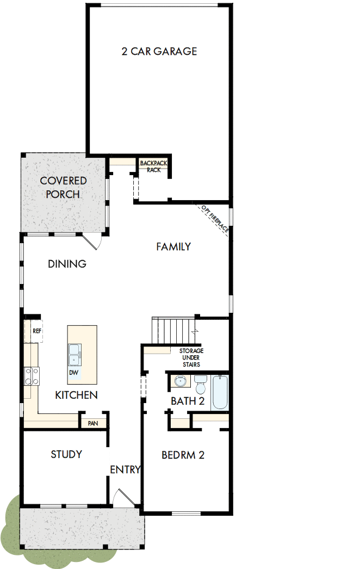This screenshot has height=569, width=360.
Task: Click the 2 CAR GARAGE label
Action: pos(159,52)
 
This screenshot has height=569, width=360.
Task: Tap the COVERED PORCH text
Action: pos(63,187)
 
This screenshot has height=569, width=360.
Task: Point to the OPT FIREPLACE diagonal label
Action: pos(215,219)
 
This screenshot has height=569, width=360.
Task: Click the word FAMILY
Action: pos(173,246)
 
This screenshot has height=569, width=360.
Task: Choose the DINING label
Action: pos(67,264)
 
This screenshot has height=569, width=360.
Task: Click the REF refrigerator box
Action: pos(36,331)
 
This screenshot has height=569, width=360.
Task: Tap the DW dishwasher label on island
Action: pos(73,373)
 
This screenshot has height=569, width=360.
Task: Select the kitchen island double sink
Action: pos(74,355)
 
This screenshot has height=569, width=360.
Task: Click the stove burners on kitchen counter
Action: pos(32,376)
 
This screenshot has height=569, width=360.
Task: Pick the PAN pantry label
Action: pos(92,423)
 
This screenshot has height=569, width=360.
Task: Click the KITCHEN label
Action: pos(76,395)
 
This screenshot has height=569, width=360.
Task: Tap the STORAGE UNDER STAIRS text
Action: pos(191,357)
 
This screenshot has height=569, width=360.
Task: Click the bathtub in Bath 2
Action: pos(220,391)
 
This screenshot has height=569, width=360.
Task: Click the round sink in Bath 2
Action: pos(179,382)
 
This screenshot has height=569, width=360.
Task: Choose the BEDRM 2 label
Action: pos(183,455)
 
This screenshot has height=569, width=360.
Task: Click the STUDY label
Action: pos(66,454)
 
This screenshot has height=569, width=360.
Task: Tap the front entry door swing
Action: pos(124,497)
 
